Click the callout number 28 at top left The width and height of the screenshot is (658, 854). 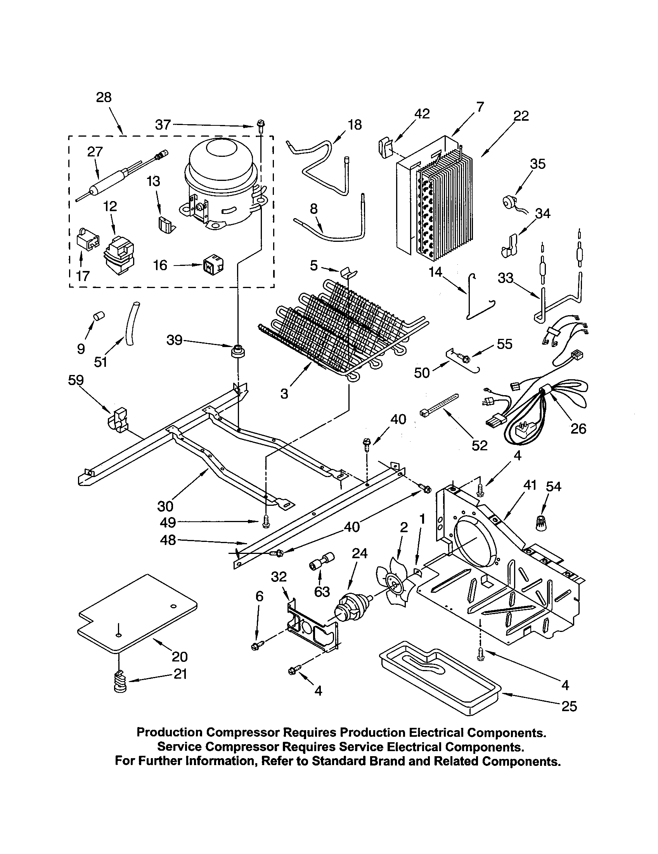[x=104, y=97]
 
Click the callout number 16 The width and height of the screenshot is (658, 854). [x=160, y=265]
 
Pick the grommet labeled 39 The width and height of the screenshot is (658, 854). [x=238, y=351]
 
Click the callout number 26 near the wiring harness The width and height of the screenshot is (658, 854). [x=578, y=429]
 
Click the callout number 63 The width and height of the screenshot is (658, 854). [x=322, y=592]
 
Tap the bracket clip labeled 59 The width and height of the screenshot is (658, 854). [x=118, y=422]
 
